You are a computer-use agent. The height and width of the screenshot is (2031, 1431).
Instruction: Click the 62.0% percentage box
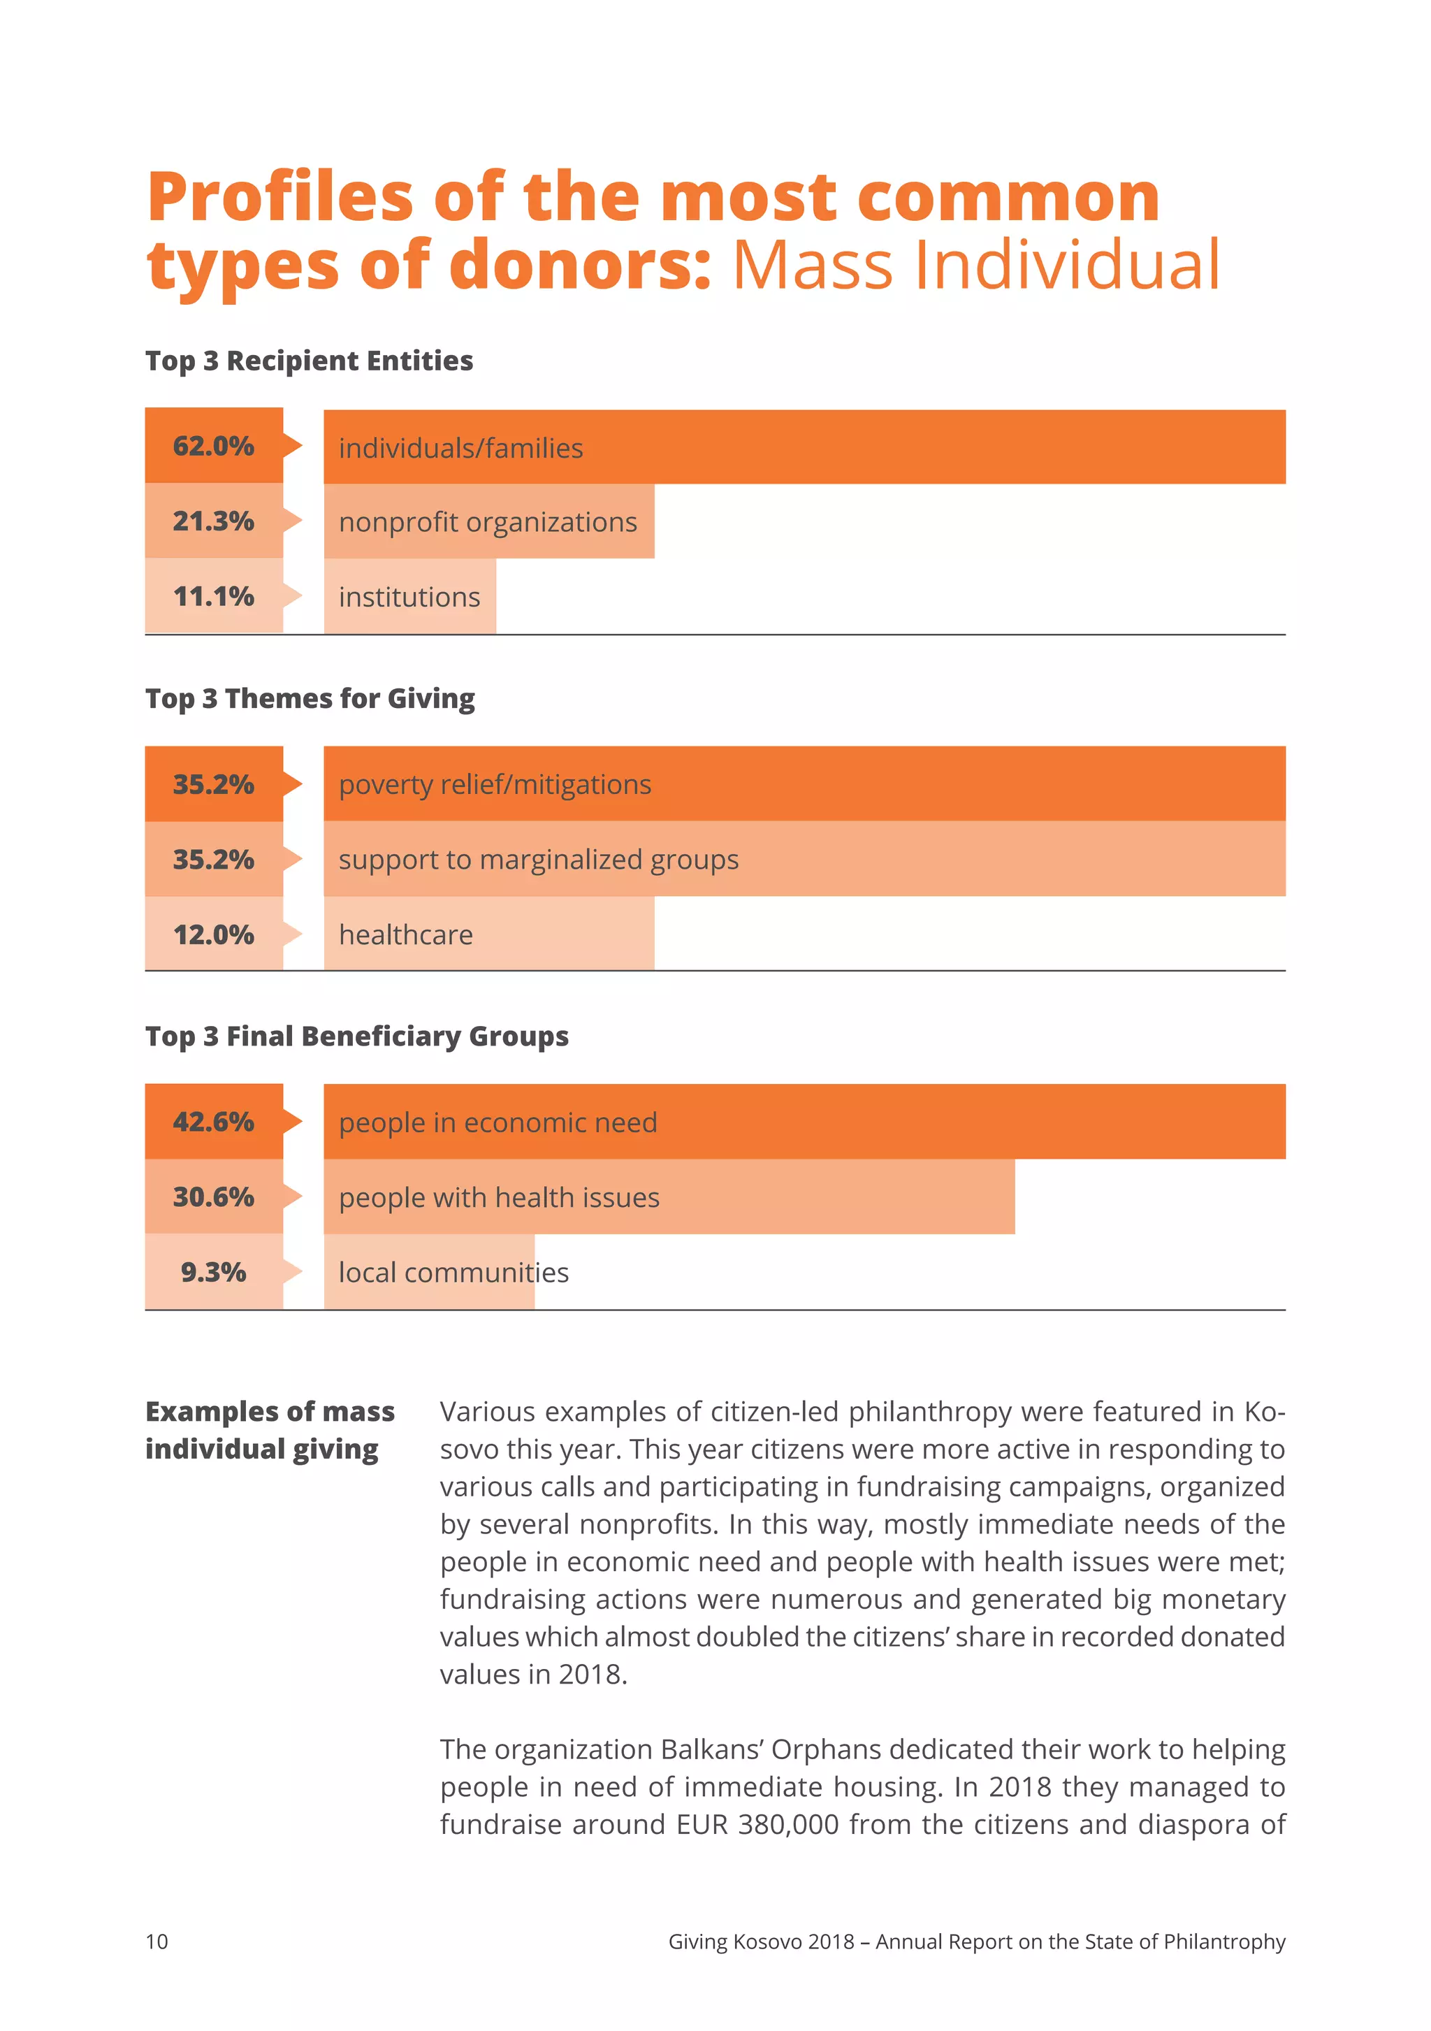click(213, 445)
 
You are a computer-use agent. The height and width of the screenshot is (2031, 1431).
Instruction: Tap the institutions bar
click(409, 597)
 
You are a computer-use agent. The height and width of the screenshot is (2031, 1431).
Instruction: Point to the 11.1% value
click(213, 596)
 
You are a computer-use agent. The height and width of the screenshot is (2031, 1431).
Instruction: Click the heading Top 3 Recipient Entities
click(309, 361)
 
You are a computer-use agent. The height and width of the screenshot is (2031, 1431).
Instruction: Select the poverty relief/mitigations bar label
click(495, 785)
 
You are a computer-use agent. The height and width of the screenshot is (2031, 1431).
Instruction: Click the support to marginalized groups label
click(538, 860)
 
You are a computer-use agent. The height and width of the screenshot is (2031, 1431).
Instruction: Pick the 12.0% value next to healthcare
click(213, 935)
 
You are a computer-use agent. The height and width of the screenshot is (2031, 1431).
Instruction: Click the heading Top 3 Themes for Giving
click(310, 699)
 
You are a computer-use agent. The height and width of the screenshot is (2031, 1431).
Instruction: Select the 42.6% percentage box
click(213, 1122)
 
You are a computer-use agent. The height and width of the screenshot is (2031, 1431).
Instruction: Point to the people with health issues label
click(499, 1198)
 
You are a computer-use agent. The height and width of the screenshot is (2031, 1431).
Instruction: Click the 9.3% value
click(213, 1272)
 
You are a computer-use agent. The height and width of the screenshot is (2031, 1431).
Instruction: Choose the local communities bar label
click(453, 1273)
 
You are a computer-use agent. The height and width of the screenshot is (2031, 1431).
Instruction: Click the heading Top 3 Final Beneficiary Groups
click(356, 1036)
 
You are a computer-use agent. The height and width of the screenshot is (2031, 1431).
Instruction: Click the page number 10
click(157, 1941)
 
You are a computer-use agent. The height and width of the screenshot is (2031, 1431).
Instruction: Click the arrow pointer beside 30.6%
click(293, 1197)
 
